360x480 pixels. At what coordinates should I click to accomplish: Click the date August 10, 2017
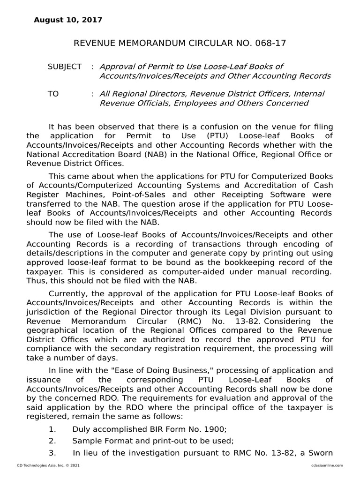click(x=67, y=20)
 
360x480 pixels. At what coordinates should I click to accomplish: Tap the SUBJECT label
click(x=65, y=67)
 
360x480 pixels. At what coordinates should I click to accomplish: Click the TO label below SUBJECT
click(x=53, y=94)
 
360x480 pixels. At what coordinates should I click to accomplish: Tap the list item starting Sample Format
click(x=153, y=441)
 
